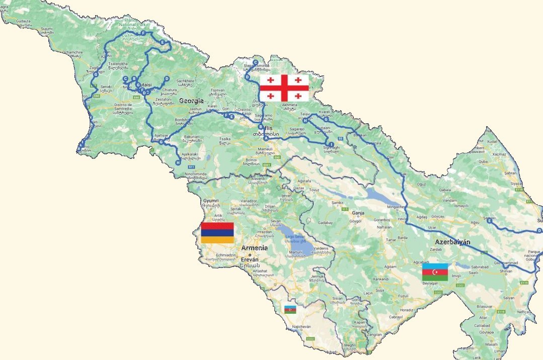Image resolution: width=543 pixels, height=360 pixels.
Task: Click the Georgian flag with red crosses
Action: [x=284, y=88]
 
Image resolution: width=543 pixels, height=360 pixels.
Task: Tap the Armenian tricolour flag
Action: [x=217, y=233]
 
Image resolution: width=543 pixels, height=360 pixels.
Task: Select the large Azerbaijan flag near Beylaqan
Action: [x=435, y=272]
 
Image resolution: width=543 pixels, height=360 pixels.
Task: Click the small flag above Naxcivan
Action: [x=290, y=309]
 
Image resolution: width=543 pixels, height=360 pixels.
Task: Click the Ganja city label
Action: [x=358, y=213]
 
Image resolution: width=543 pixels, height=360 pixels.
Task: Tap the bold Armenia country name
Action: [x=255, y=248]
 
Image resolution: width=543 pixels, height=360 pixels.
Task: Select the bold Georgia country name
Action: [x=191, y=101]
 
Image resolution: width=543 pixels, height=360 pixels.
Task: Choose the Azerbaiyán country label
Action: [x=453, y=242]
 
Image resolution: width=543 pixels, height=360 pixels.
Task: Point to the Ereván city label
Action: [x=250, y=259]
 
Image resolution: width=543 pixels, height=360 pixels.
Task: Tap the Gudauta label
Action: [x=24, y=22]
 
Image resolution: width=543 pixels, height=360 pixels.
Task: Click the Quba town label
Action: [x=483, y=162]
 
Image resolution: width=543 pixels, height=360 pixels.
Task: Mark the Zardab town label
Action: [x=436, y=249]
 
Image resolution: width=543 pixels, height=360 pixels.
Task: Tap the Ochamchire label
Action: [x=72, y=52]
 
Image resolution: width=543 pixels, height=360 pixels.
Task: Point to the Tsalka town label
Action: [x=224, y=138]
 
